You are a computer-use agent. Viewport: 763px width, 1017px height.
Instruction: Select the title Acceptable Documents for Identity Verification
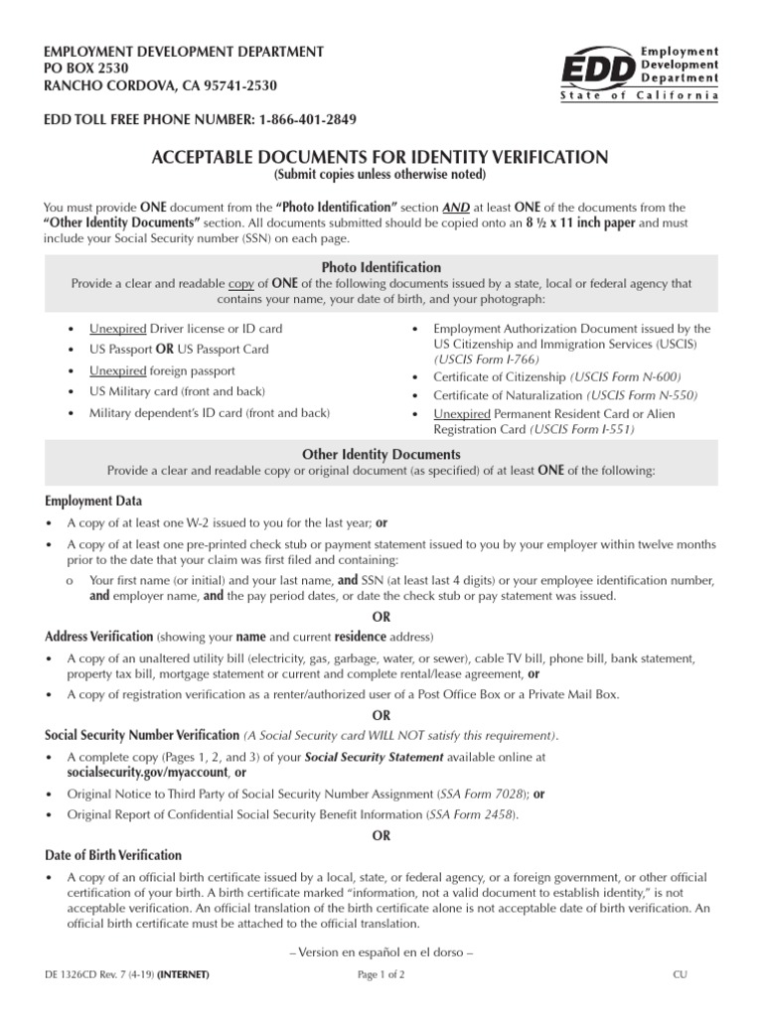point(380,157)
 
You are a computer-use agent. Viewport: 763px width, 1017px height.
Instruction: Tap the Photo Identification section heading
point(381,267)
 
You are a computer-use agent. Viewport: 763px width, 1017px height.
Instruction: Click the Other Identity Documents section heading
point(381,454)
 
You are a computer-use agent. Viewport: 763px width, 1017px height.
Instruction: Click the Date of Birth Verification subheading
point(113,855)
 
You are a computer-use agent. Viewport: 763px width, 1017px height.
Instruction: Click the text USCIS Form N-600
point(624,376)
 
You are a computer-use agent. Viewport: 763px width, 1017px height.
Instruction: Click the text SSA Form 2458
point(471,813)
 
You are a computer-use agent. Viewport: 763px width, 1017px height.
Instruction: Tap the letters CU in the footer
point(680,975)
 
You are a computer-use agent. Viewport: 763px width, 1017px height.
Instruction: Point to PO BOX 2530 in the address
point(86,68)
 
